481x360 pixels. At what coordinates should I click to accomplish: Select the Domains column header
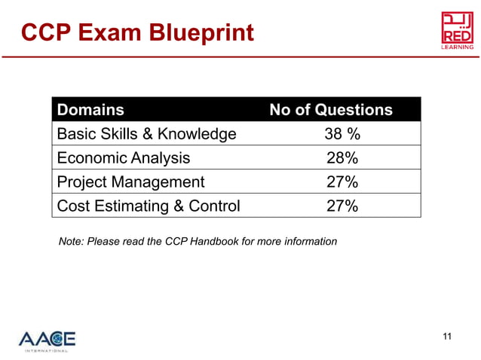pos(90,110)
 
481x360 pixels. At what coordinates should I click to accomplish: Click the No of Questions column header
pos(331,110)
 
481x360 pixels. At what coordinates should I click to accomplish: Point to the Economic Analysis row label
pos(124,158)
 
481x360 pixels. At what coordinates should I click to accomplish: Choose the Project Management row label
pos(130,182)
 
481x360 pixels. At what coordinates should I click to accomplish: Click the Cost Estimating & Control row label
pos(149,206)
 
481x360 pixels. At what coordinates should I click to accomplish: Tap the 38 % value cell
pos(342,134)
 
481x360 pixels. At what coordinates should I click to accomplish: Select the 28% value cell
pos(342,158)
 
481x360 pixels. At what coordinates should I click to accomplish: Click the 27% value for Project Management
pos(342,182)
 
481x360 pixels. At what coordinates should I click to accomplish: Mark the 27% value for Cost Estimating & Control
pos(342,206)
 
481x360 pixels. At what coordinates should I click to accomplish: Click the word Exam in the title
pos(113,32)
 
